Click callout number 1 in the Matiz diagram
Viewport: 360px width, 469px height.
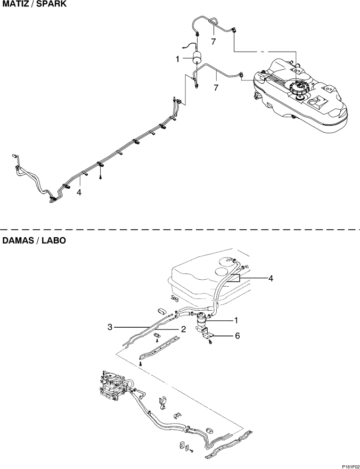click(x=177, y=59)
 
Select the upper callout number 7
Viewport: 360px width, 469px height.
click(x=214, y=42)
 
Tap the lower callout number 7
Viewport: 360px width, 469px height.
click(x=216, y=87)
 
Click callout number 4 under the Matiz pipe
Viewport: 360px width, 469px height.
click(x=79, y=192)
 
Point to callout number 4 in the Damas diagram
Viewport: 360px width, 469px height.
click(x=271, y=278)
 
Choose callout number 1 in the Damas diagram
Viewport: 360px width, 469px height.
click(x=236, y=321)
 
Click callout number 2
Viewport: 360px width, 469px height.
click(x=184, y=329)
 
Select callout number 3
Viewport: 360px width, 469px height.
click(x=110, y=327)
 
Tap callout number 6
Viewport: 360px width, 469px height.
click(x=237, y=336)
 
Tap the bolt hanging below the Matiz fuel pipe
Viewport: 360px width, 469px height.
click(x=101, y=177)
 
